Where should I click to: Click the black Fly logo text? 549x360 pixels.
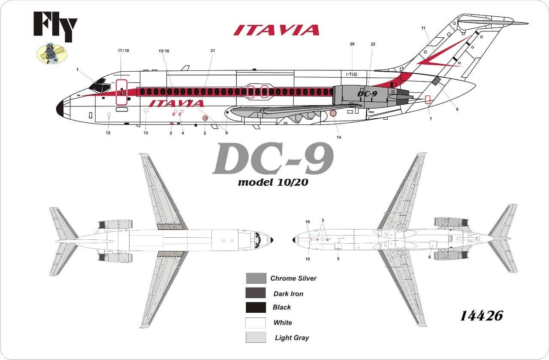click(x=55, y=26)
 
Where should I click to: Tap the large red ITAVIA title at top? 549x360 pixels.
click(x=276, y=30)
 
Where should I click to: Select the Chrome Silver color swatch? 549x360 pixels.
click(x=256, y=278)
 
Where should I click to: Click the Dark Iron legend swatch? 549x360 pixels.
click(x=256, y=293)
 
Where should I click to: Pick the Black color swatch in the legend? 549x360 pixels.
click(x=256, y=307)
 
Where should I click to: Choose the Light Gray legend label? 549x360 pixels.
click(x=292, y=338)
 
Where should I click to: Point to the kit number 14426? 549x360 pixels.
click(x=482, y=316)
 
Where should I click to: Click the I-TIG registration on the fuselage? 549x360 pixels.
click(x=352, y=74)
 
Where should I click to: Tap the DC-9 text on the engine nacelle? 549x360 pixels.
click(x=367, y=94)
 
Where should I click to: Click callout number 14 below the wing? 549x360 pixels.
click(x=339, y=137)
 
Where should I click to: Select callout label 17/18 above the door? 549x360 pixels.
click(x=123, y=51)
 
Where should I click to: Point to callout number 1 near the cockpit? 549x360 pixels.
click(x=78, y=70)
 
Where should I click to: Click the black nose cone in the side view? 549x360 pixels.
click(x=60, y=108)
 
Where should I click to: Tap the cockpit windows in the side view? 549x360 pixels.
click(x=100, y=86)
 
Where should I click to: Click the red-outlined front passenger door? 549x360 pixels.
click(x=121, y=92)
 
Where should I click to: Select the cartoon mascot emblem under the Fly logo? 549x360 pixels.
click(x=52, y=53)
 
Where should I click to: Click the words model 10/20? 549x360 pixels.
click(x=273, y=182)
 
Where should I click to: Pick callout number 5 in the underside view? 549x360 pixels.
click(x=338, y=259)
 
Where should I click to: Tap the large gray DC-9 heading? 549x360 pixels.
click(x=273, y=159)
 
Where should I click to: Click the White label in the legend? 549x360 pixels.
click(x=283, y=323)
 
